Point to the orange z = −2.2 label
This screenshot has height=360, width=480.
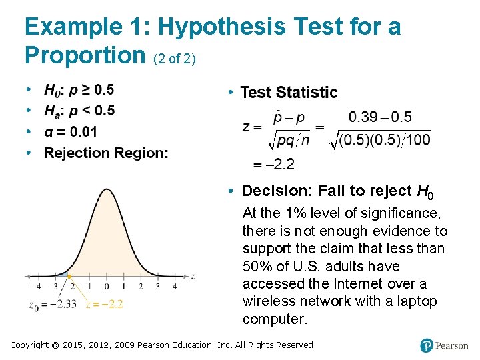coord(105,304)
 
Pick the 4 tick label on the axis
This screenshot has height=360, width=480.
coord(175,287)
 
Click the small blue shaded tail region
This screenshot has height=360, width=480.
coord(62,274)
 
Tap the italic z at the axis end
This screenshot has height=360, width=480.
coord(193,276)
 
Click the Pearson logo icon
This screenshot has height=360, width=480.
coord(427,345)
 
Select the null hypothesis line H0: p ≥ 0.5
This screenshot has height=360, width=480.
coord(79,89)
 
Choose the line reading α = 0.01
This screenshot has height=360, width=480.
coord(70,131)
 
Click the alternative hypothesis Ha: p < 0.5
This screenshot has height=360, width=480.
coord(79,111)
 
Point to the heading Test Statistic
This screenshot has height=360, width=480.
coord(289,92)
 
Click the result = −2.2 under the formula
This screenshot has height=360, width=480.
coord(273,164)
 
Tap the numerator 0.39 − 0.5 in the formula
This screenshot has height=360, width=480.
coord(380,117)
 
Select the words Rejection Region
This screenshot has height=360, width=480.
coord(106,153)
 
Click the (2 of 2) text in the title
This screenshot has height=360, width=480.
coord(175,59)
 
